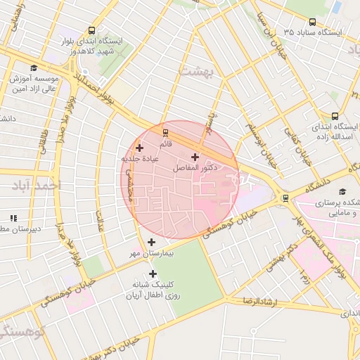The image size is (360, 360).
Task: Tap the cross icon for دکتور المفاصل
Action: [195, 156]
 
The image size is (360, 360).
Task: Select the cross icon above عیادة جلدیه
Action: [140, 148]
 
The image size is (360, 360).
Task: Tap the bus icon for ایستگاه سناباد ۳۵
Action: [311, 22]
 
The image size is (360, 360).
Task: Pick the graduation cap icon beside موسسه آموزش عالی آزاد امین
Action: [15, 77]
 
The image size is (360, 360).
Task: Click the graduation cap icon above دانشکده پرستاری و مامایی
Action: [342, 191]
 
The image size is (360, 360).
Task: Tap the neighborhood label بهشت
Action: [195, 72]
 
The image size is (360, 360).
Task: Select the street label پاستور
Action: [208, 115]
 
